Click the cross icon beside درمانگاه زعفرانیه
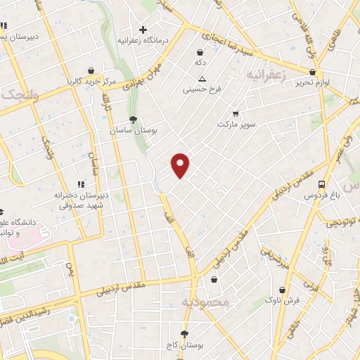(x=143, y=30)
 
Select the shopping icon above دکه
(x=200, y=52)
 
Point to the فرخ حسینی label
(x=202, y=89)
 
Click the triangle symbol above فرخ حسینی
(x=202, y=79)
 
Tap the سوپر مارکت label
(x=234, y=124)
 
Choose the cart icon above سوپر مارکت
(x=235, y=113)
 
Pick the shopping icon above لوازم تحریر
(x=312, y=72)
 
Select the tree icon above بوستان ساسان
(x=134, y=120)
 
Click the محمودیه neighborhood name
(x=205, y=302)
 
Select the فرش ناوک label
(x=282, y=300)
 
